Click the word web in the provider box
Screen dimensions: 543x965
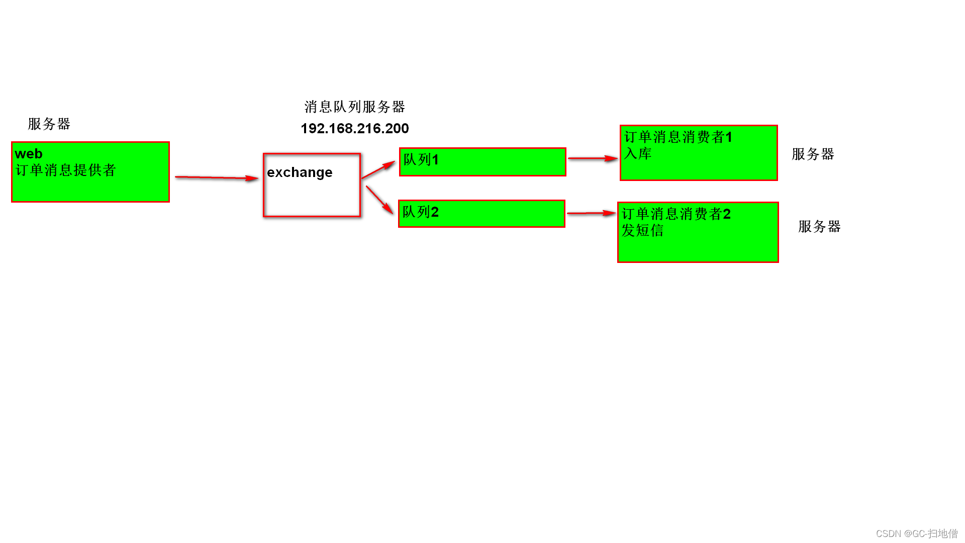29,154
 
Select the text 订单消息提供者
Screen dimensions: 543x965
65,170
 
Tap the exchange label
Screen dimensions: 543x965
300,172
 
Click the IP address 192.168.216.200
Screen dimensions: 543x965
354,129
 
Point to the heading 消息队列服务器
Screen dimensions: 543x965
354,107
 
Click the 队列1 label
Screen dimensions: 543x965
421,160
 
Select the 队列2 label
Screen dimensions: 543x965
420,212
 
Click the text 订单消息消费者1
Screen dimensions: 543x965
678,137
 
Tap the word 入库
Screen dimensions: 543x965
637,153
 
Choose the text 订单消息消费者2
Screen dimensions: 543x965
676,214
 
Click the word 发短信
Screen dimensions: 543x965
642,230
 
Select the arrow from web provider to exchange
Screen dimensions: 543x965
216,177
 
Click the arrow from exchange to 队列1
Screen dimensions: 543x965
378,170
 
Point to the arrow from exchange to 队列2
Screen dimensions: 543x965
379,200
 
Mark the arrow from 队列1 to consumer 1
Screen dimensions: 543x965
593,158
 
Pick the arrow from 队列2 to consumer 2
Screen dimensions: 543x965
591,213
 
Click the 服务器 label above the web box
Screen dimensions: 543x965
49,124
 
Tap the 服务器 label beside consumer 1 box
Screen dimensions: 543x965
813,154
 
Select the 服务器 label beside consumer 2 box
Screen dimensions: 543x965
819,226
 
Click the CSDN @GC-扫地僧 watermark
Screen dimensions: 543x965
916,533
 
